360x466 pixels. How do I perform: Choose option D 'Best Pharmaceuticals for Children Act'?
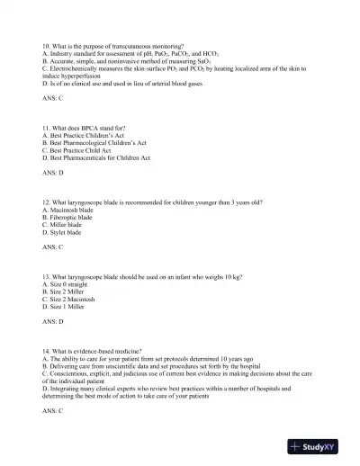tap(96, 157)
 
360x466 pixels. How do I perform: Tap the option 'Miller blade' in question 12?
tap(64, 224)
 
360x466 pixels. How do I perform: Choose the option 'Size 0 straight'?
tap(67, 283)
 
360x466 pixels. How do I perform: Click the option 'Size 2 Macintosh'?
tap(71, 298)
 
